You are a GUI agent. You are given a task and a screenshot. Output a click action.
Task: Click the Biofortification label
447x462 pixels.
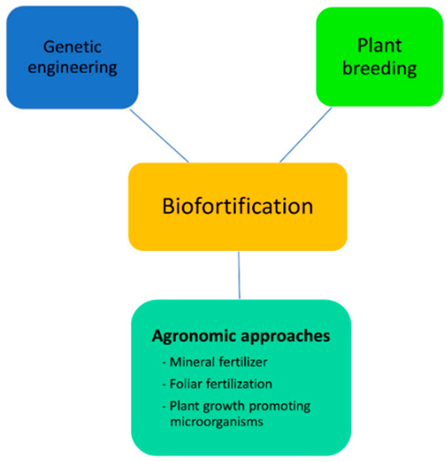(237, 206)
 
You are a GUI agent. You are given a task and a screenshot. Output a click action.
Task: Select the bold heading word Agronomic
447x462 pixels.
(194, 336)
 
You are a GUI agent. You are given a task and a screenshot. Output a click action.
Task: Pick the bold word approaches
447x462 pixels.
(285, 336)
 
